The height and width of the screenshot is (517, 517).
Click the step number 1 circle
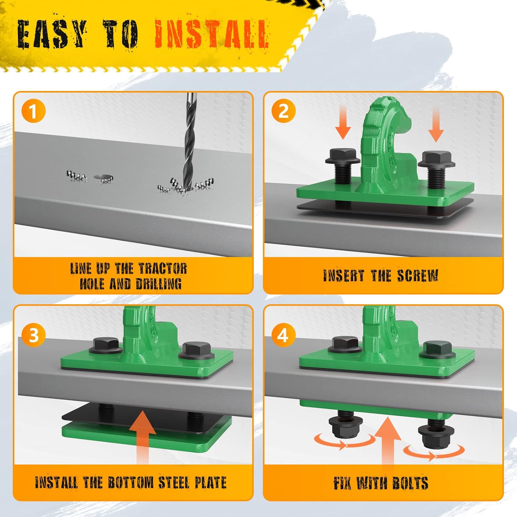pyautogui.click(x=33, y=111)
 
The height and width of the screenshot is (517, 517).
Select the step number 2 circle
pyautogui.click(x=283, y=111)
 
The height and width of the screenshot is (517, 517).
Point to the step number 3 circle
pyautogui.click(x=33, y=335)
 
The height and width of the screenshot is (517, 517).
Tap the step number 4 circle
pyautogui.click(x=283, y=335)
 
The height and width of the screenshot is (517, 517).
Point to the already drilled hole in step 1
pyautogui.click(x=103, y=178)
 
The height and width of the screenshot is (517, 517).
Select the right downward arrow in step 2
pyautogui.click(x=436, y=124)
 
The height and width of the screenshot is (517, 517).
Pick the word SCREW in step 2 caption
pyautogui.click(x=417, y=275)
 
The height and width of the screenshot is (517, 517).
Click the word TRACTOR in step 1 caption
pyautogui.click(x=163, y=268)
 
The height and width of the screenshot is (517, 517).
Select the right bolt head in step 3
pyautogui.click(x=196, y=351)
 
